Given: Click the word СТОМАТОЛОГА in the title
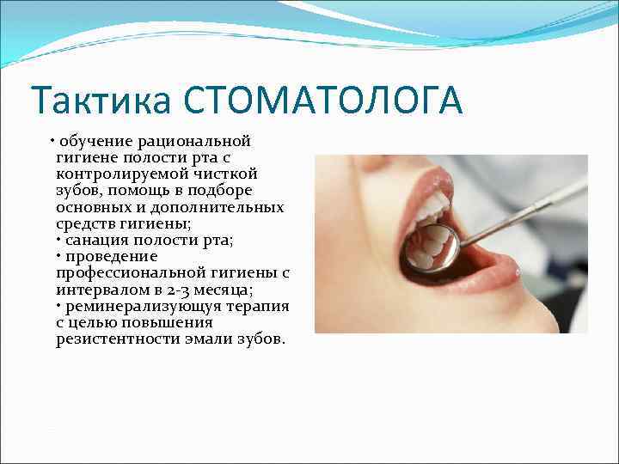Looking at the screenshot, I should click(x=322, y=101).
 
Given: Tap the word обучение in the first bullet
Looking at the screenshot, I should click(x=93, y=140).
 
